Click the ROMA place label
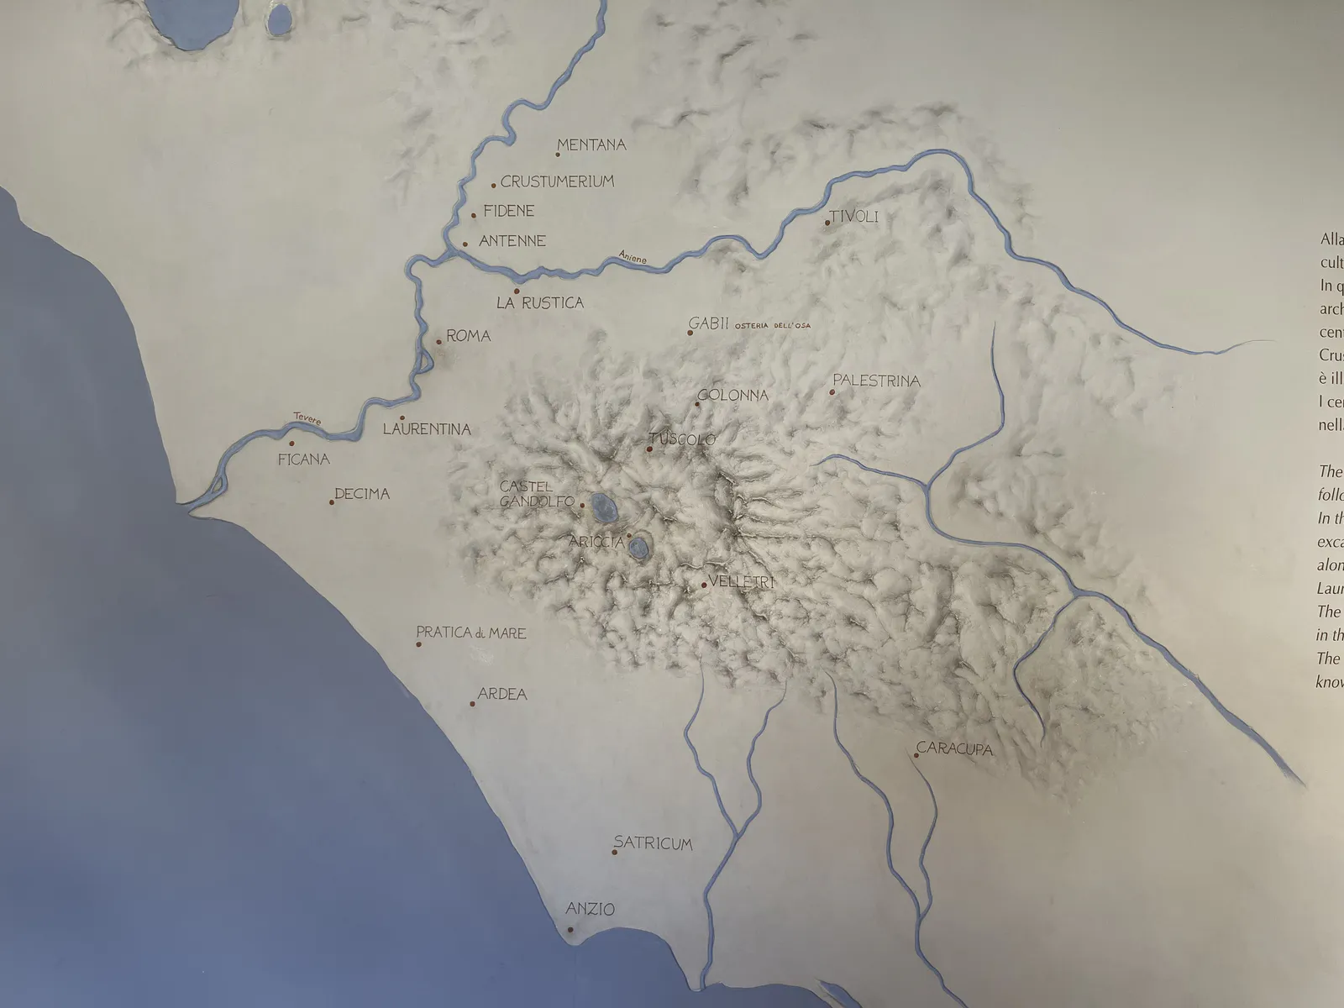pyautogui.click(x=468, y=336)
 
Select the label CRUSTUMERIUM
pyautogui.click(x=557, y=181)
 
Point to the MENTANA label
pyautogui.click(x=591, y=144)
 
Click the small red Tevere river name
pyautogui.click(x=307, y=418)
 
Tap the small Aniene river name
pyautogui.click(x=633, y=259)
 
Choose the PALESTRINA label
pyautogui.click(x=876, y=381)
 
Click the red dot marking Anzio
pyautogui.click(x=570, y=929)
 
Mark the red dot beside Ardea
pyautogui.click(x=472, y=704)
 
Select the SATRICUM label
pyautogui.click(x=653, y=843)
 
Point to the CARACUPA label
pyautogui.click(x=954, y=748)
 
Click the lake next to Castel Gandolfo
pyautogui.click(x=601, y=505)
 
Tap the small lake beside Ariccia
pyautogui.click(x=639, y=549)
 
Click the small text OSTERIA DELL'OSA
pyautogui.click(x=772, y=326)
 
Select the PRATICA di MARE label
pyautogui.click(x=471, y=633)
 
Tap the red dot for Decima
pyautogui.click(x=333, y=502)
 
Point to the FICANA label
pyautogui.click(x=304, y=459)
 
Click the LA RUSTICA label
pyautogui.click(x=539, y=303)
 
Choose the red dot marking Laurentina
pyautogui.click(x=402, y=418)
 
